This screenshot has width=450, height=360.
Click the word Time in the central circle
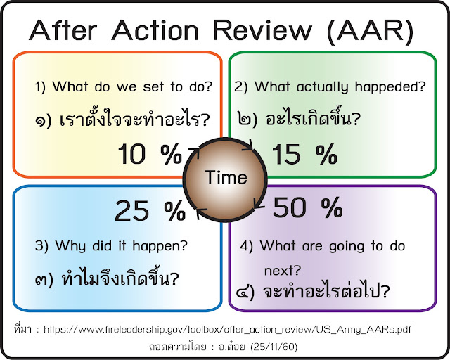click(x=226, y=178)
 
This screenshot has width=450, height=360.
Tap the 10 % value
click(x=150, y=154)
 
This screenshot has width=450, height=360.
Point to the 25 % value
click(x=149, y=208)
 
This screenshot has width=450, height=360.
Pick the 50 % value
click(x=307, y=207)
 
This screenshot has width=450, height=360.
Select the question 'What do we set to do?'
click(x=124, y=88)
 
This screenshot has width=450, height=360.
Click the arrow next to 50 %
click(x=258, y=206)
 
